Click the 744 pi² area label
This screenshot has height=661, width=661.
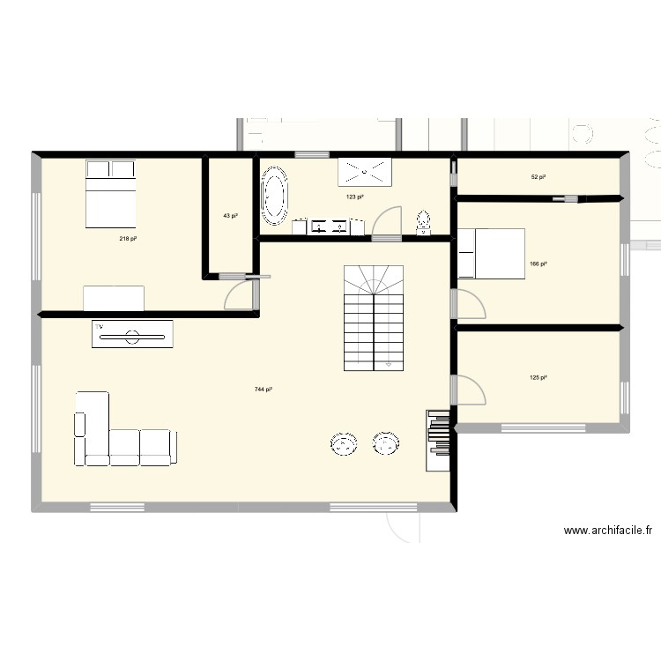point(263,389)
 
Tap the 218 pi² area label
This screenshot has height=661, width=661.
point(129,239)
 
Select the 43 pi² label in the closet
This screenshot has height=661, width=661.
point(229,216)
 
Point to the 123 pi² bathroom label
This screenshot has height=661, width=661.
point(354,197)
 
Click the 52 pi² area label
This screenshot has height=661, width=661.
point(538,177)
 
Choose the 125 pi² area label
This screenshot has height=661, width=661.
point(538,378)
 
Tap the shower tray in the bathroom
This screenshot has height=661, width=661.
point(364,171)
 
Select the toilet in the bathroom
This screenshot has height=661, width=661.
point(423,224)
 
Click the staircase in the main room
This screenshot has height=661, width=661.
point(374,317)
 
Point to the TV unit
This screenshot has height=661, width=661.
point(132,334)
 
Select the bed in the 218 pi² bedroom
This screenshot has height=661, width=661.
point(110,194)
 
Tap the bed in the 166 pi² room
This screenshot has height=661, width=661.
point(491,253)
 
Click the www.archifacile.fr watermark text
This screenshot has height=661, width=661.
point(607,531)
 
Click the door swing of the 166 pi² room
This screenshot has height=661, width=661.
point(470,304)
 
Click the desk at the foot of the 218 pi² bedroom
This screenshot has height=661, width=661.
point(114,298)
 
